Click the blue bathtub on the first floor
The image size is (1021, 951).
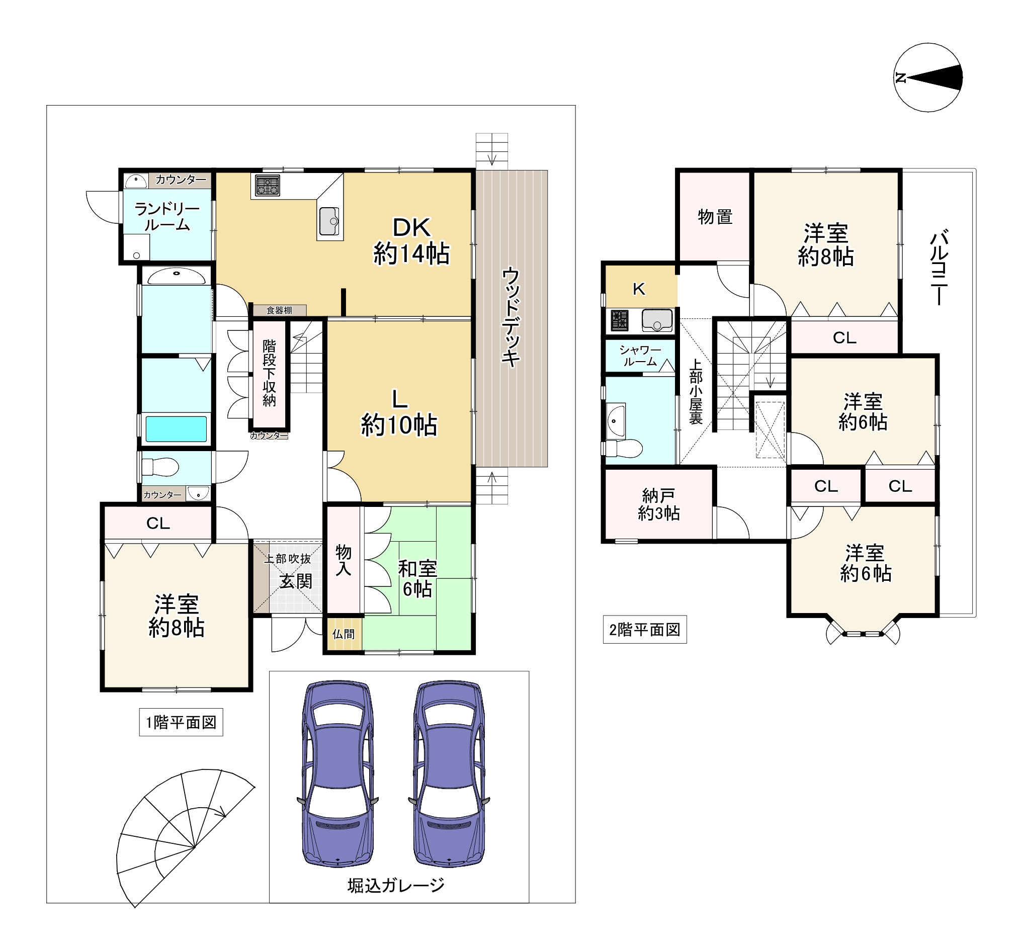point(176,429)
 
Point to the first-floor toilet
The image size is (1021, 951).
point(160,467)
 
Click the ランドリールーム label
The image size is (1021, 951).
point(167,217)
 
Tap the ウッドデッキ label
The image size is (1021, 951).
point(511,317)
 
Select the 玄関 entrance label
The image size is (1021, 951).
point(296,581)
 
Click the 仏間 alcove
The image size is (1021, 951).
point(343,634)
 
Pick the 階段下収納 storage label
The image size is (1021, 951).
point(269,373)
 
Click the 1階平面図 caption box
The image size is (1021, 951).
point(181,723)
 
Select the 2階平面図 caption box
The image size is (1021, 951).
point(645,630)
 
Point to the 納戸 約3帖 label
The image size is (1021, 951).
point(659,504)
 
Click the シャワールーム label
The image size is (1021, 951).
point(640,356)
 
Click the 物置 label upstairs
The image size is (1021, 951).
point(715,217)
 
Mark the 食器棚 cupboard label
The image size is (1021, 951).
point(279,310)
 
